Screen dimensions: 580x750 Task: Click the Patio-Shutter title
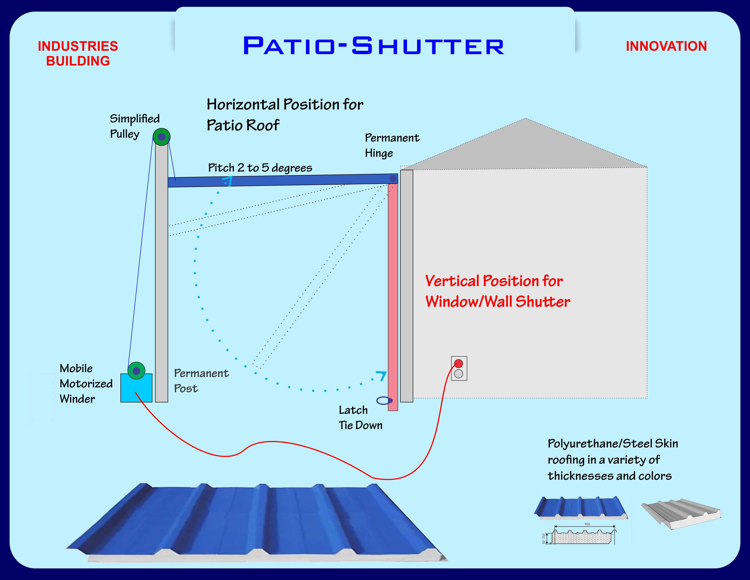tap(374, 46)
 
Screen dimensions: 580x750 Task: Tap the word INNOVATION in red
tap(666, 46)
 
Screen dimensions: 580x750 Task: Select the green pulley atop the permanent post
tap(161, 137)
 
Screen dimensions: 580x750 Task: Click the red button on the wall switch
tap(458, 363)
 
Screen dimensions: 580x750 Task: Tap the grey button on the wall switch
tap(458, 374)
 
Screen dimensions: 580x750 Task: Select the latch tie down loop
tap(384, 401)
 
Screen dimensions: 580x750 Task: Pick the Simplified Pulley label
tap(134, 126)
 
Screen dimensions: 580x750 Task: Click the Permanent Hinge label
tap(392, 145)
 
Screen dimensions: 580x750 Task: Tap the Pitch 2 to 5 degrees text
tap(260, 168)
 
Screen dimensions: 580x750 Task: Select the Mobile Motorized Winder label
tap(86, 383)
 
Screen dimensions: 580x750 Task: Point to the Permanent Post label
tap(201, 381)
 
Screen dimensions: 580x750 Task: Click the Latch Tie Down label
tap(360, 417)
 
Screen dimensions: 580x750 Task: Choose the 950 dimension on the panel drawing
tap(587, 524)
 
